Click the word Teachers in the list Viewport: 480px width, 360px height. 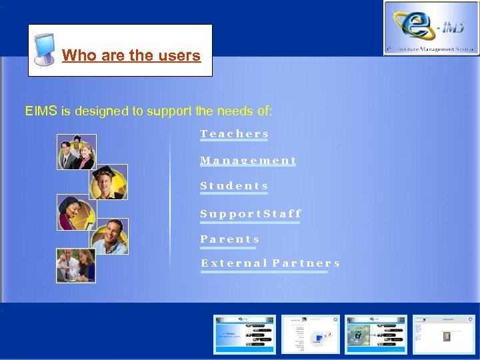[x=234, y=134]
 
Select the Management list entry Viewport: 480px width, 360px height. [x=248, y=161]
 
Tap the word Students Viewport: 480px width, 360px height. [x=234, y=186]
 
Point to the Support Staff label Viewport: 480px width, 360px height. [x=251, y=214]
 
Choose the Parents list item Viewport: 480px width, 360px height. [x=229, y=239]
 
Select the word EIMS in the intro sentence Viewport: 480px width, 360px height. [x=41, y=111]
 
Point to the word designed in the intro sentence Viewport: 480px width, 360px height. [x=99, y=111]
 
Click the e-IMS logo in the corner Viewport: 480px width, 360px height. [x=431, y=27]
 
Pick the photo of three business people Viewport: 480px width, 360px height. [x=76, y=152]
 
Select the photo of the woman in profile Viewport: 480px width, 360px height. [x=76, y=212]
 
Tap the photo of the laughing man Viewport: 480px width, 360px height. [x=109, y=236]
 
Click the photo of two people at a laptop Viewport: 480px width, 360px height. [x=76, y=265]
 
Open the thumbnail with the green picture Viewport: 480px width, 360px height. [x=366, y=334]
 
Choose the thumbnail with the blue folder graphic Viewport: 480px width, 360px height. [x=311, y=334]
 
